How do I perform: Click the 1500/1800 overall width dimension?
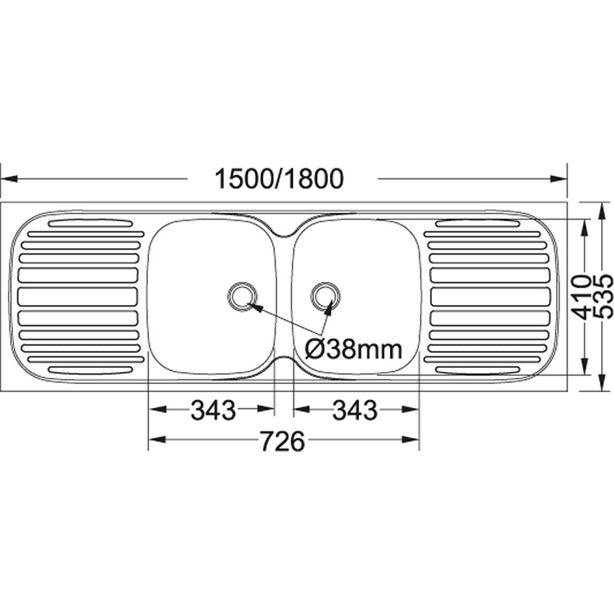(279, 178)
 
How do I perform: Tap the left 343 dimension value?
(212, 410)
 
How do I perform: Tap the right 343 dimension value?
(355, 410)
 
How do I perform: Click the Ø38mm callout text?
(353, 349)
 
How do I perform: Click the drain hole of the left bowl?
(242, 295)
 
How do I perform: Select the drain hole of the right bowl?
(326, 295)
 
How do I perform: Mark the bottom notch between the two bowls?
(284, 362)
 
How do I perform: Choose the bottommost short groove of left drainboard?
(90, 370)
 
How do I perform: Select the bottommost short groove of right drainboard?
(477, 370)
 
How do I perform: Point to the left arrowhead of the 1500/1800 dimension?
(7, 178)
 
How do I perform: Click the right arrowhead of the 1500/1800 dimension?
(560, 178)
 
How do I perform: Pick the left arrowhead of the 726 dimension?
(154, 441)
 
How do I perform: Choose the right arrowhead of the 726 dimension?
(413, 441)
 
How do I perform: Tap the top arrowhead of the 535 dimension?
(603, 208)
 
